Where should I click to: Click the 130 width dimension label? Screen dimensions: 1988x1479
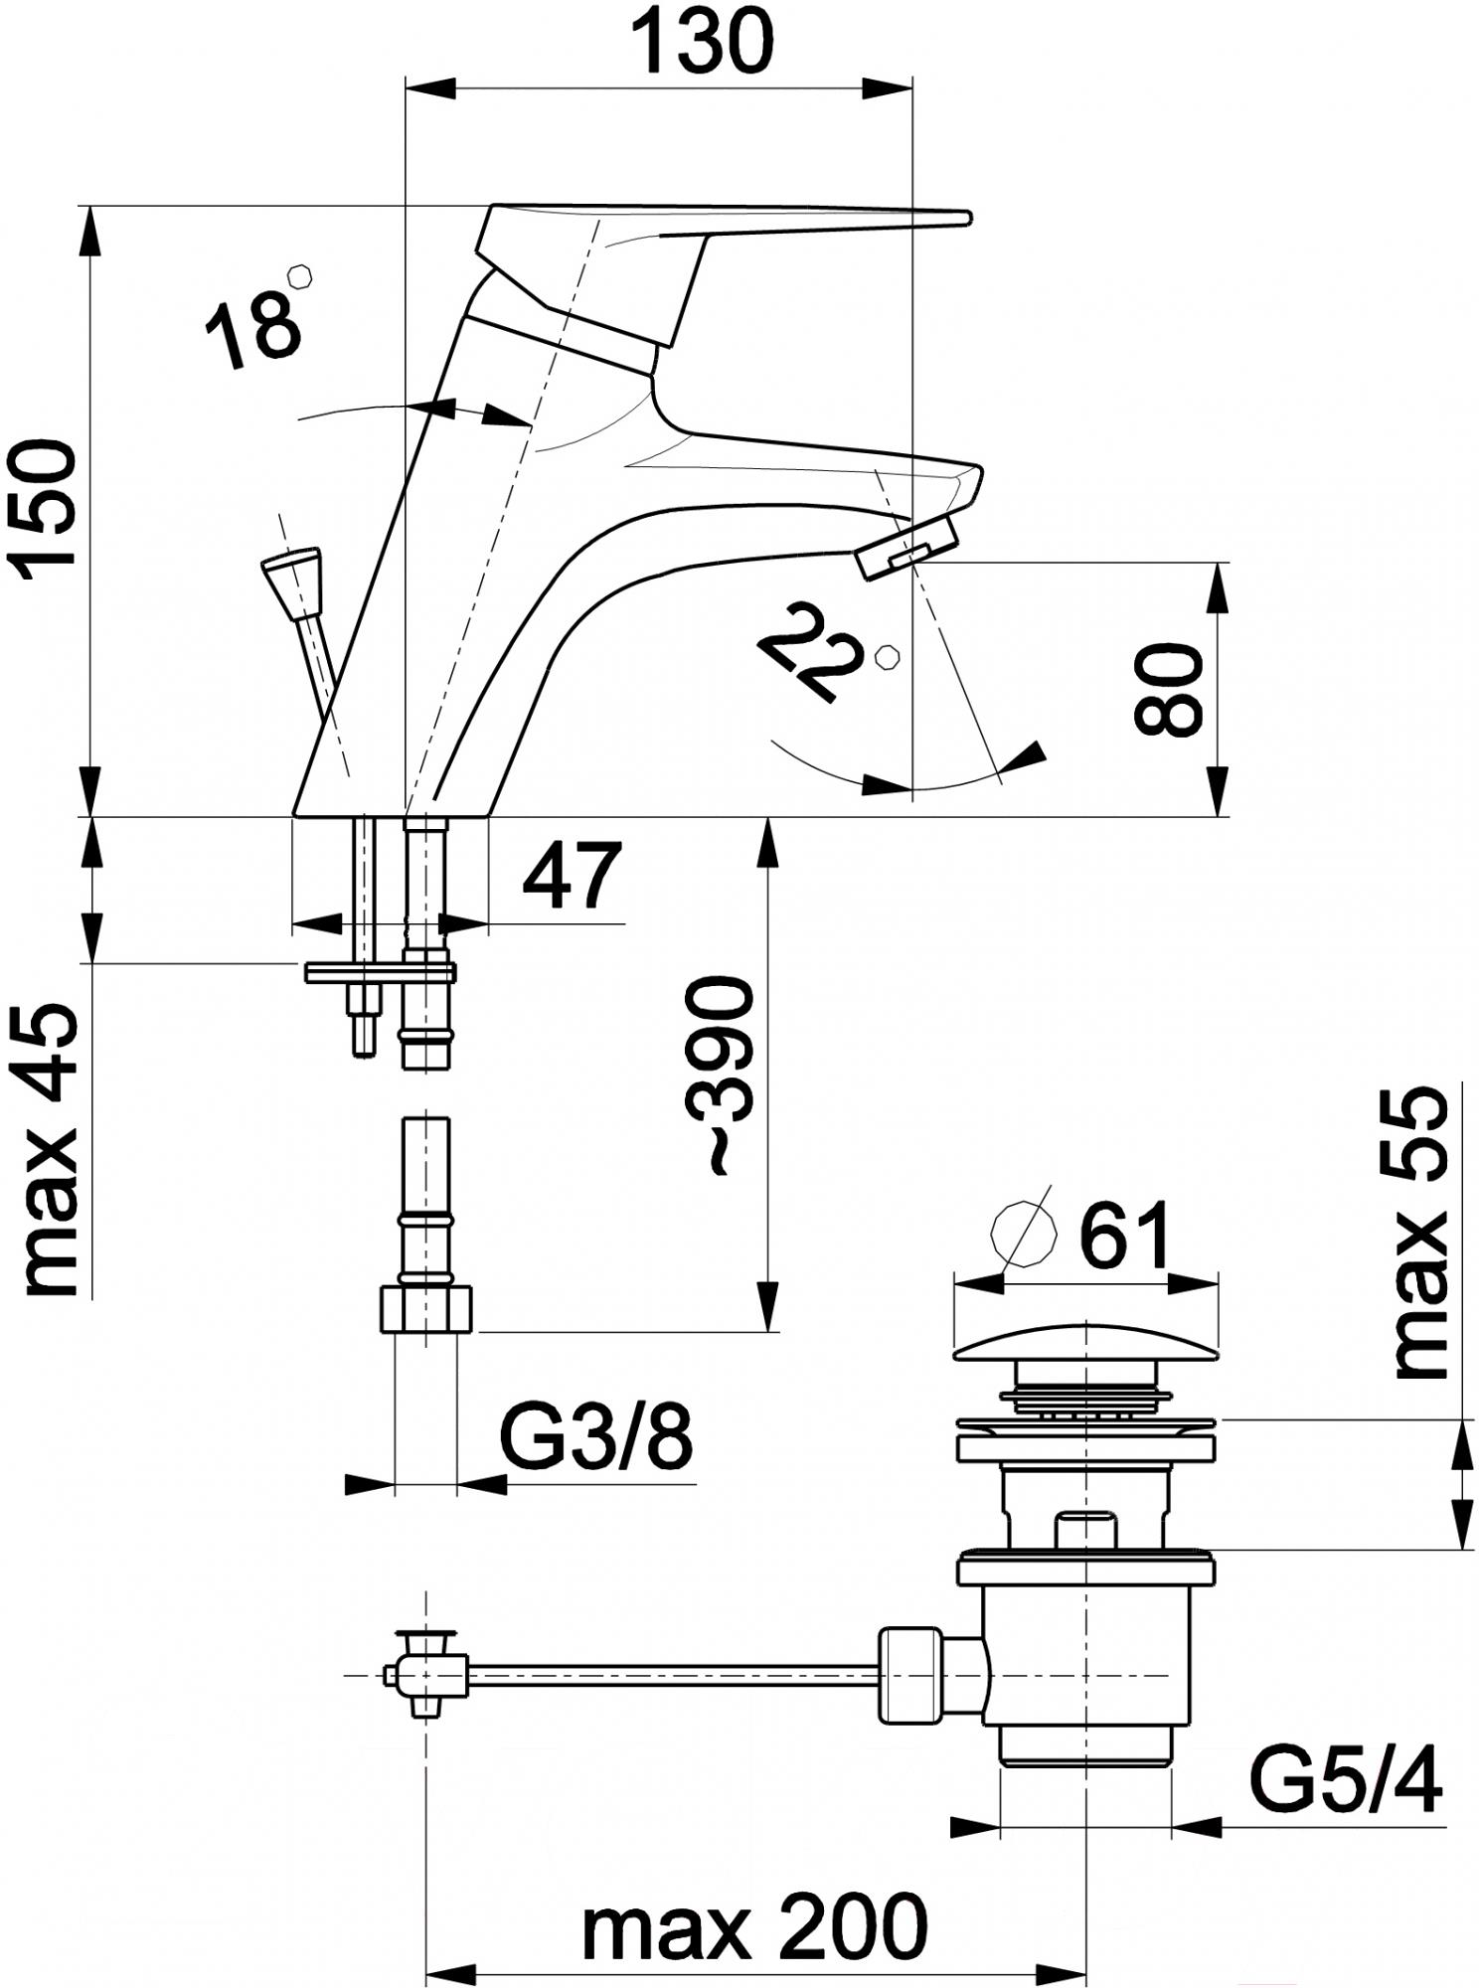tap(703, 42)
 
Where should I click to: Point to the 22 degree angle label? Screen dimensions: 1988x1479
tap(808, 651)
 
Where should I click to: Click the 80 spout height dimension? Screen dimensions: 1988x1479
tap(1169, 689)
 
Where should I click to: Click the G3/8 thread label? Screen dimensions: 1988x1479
tap(594, 1436)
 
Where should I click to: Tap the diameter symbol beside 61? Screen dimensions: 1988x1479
tap(1022, 1234)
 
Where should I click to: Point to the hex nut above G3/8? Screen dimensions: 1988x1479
tap(425, 1309)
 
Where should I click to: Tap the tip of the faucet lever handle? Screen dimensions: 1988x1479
tap(959, 217)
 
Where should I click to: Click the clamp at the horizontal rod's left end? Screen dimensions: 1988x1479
tap(426, 1675)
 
